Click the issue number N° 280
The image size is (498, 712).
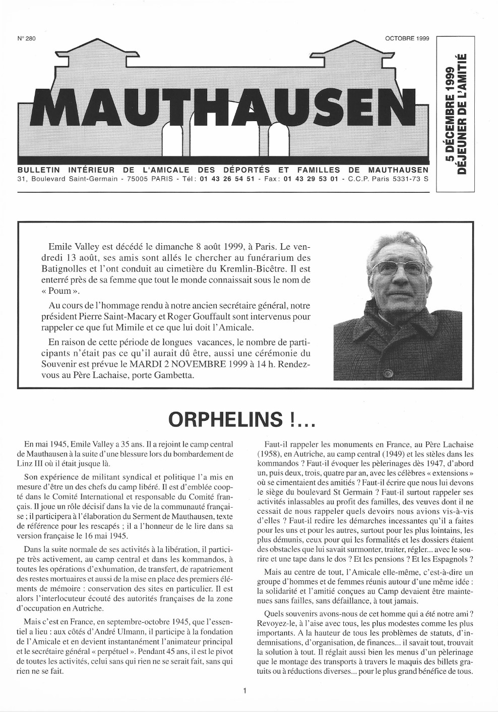tap(26, 38)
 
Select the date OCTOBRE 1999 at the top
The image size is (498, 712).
tap(406, 38)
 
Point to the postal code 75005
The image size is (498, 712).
tap(140, 179)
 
